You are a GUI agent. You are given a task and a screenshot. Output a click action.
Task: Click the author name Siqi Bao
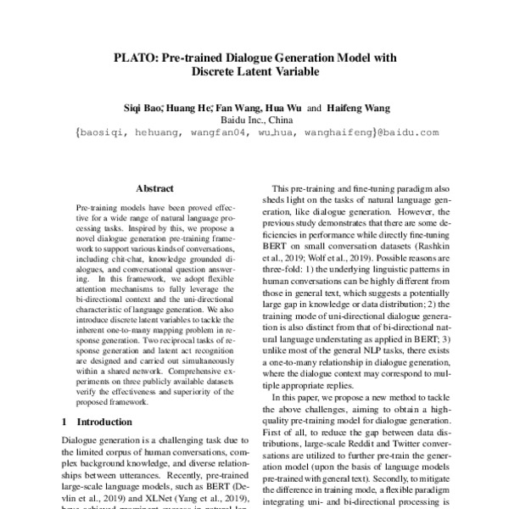[143, 109]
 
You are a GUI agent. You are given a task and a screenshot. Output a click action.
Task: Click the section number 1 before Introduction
[65, 422]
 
